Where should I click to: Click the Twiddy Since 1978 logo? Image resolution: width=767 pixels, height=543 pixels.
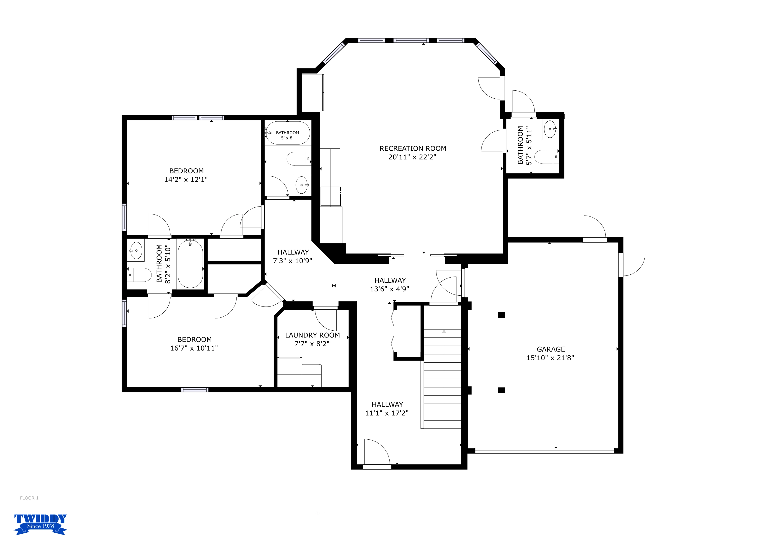click(x=41, y=524)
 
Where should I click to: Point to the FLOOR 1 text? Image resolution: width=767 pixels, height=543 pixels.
click(x=29, y=498)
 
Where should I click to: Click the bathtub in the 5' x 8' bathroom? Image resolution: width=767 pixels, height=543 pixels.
click(x=287, y=133)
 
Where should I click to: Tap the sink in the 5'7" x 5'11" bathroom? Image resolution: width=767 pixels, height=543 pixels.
click(x=550, y=129)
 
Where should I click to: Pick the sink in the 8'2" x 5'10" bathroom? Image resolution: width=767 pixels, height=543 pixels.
click(x=136, y=250)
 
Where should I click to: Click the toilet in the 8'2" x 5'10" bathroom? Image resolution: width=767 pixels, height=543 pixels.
click(x=139, y=275)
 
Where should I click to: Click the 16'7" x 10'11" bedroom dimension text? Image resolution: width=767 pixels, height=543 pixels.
click(x=194, y=348)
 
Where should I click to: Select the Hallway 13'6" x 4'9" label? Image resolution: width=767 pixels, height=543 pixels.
click(x=390, y=284)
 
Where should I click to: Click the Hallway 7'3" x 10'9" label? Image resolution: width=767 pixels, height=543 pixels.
click(x=293, y=256)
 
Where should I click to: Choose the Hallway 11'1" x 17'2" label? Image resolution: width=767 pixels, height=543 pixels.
click(x=387, y=409)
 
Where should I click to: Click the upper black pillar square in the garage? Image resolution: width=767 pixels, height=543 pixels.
click(x=501, y=315)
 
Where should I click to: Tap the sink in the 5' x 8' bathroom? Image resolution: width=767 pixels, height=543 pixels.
click(x=302, y=185)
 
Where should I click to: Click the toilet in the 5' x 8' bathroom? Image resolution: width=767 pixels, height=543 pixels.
click(x=299, y=159)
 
